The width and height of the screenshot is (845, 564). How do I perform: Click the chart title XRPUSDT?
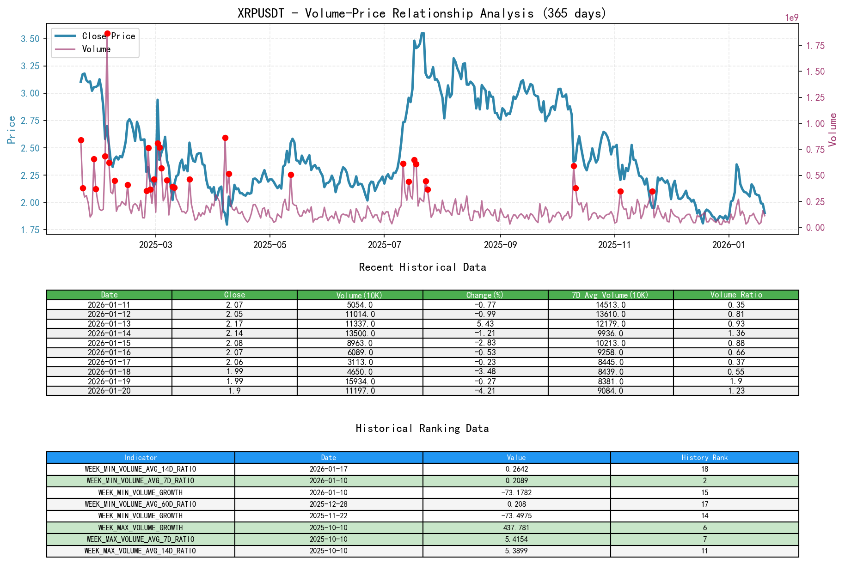[x=422, y=13]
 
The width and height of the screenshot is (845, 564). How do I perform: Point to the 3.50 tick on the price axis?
[x=30, y=39]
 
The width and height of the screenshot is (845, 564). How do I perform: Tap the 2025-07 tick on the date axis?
[x=384, y=245]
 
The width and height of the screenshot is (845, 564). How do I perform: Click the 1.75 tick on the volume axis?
[x=815, y=46]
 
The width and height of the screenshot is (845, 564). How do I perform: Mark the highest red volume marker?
[x=107, y=34]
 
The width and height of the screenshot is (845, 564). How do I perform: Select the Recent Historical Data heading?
[x=422, y=267]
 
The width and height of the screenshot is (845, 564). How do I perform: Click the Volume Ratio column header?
[x=736, y=295]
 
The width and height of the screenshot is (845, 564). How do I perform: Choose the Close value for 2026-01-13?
[x=234, y=324]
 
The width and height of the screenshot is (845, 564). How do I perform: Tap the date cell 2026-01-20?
[x=109, y=391]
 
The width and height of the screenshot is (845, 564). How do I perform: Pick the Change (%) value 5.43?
[x=485, y=324]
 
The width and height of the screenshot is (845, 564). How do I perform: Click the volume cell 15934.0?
[x=360, y=382]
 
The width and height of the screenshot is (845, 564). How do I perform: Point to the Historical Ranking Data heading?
[x=422, y=429]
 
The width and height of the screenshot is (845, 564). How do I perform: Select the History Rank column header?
[x=704, y=458]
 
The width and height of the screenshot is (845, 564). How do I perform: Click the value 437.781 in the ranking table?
[x=516, y=528]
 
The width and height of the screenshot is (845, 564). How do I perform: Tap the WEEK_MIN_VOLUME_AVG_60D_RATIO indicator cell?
[x=141, y=504]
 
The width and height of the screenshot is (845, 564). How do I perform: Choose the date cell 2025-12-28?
[x=328, y=504]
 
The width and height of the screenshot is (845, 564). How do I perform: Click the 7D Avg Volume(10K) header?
[x=610, y=295]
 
